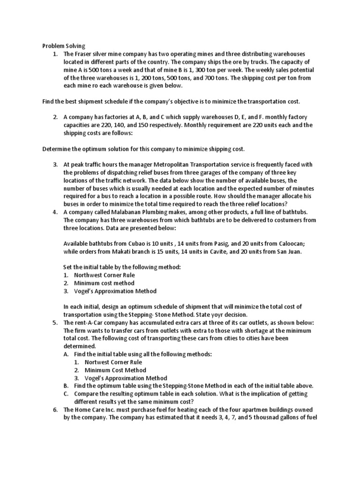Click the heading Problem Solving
(64, 46)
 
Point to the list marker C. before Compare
(66, 393)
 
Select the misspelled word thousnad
(271, 417)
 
